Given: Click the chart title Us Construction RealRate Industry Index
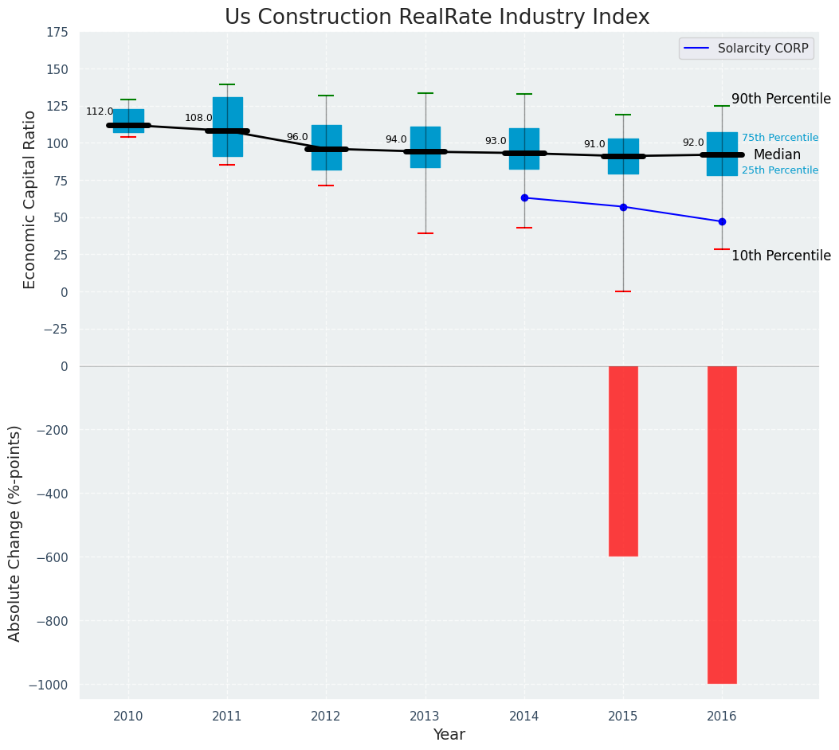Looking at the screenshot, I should pyautogui.click(x=437, y=18).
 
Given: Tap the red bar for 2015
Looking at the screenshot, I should pyautogui.click(x=623, y=461).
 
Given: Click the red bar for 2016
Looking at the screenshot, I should pyautogui.click(x=722, y=525).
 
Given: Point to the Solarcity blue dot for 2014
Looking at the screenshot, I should pyautogui.click(x=524, y=197).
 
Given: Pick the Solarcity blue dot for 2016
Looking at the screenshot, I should pyautogui.click(x=722, y=221).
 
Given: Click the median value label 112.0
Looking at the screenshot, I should pyautogui.click(x=100, y=112).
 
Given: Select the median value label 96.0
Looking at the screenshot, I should pyautogui.click(x=297, y=137).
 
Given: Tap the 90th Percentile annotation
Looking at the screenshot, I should pyautogui.click(x=781, y=100).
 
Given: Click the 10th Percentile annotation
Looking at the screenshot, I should pyautogui.click(x=781, y=256).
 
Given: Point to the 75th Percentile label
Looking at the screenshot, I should pyautogui.click(x=780, y=138).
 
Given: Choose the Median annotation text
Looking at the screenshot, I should pyautogui.click(x=777, y=155).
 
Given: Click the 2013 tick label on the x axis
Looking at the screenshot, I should pyautogui.click(x=425, y=717).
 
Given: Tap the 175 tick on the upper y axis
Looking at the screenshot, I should pyautogui.click(x=57, y=33).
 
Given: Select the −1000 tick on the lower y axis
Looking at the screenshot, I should pyautogui.click(x=51, y=685).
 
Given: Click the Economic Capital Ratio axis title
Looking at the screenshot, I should pyautogui.click(x=30, y=199).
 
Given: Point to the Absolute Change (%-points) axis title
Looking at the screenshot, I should pyautogui.click(x=15, y=533).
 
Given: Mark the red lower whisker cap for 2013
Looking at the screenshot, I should pyautogui.click(x=425, y=233).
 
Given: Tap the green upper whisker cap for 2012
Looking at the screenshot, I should pyautogui.click(x=326, y=96).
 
